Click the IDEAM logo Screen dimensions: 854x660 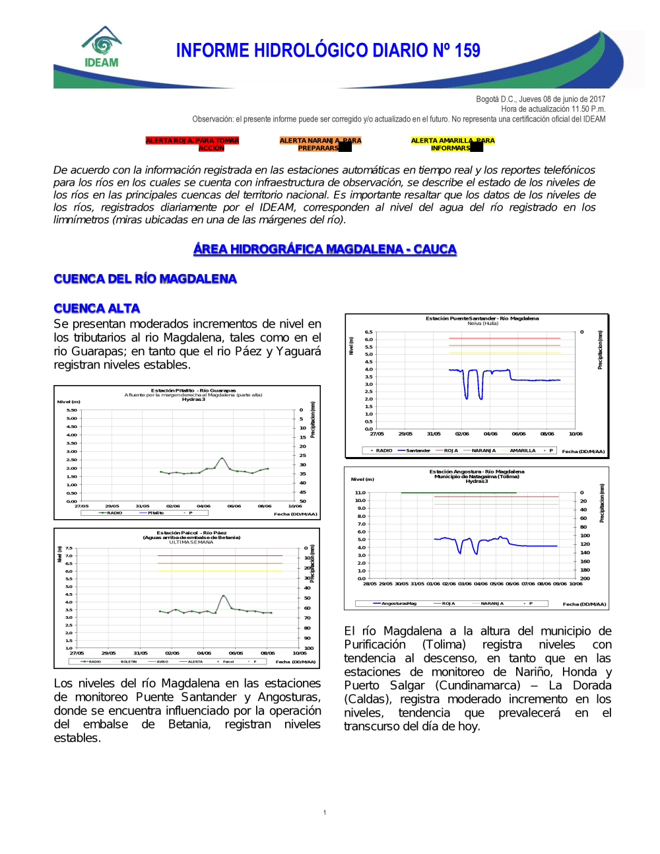(102, 48)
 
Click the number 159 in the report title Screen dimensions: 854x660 (467, 51)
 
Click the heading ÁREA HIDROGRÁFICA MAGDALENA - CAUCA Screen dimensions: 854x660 (325, 249)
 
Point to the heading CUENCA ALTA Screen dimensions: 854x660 (97, 308)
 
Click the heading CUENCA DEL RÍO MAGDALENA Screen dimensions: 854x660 (145, 279)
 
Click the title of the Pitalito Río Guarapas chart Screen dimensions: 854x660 (193, 390)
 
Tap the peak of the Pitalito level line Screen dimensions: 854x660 (222, 458)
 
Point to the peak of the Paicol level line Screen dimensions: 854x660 (224, 596)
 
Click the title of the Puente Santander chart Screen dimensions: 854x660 (482, 318)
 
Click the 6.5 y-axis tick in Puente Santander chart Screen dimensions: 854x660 (368, 332)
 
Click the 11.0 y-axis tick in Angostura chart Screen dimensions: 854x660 (360, 493)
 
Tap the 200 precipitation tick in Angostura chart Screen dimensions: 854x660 (585, 579)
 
